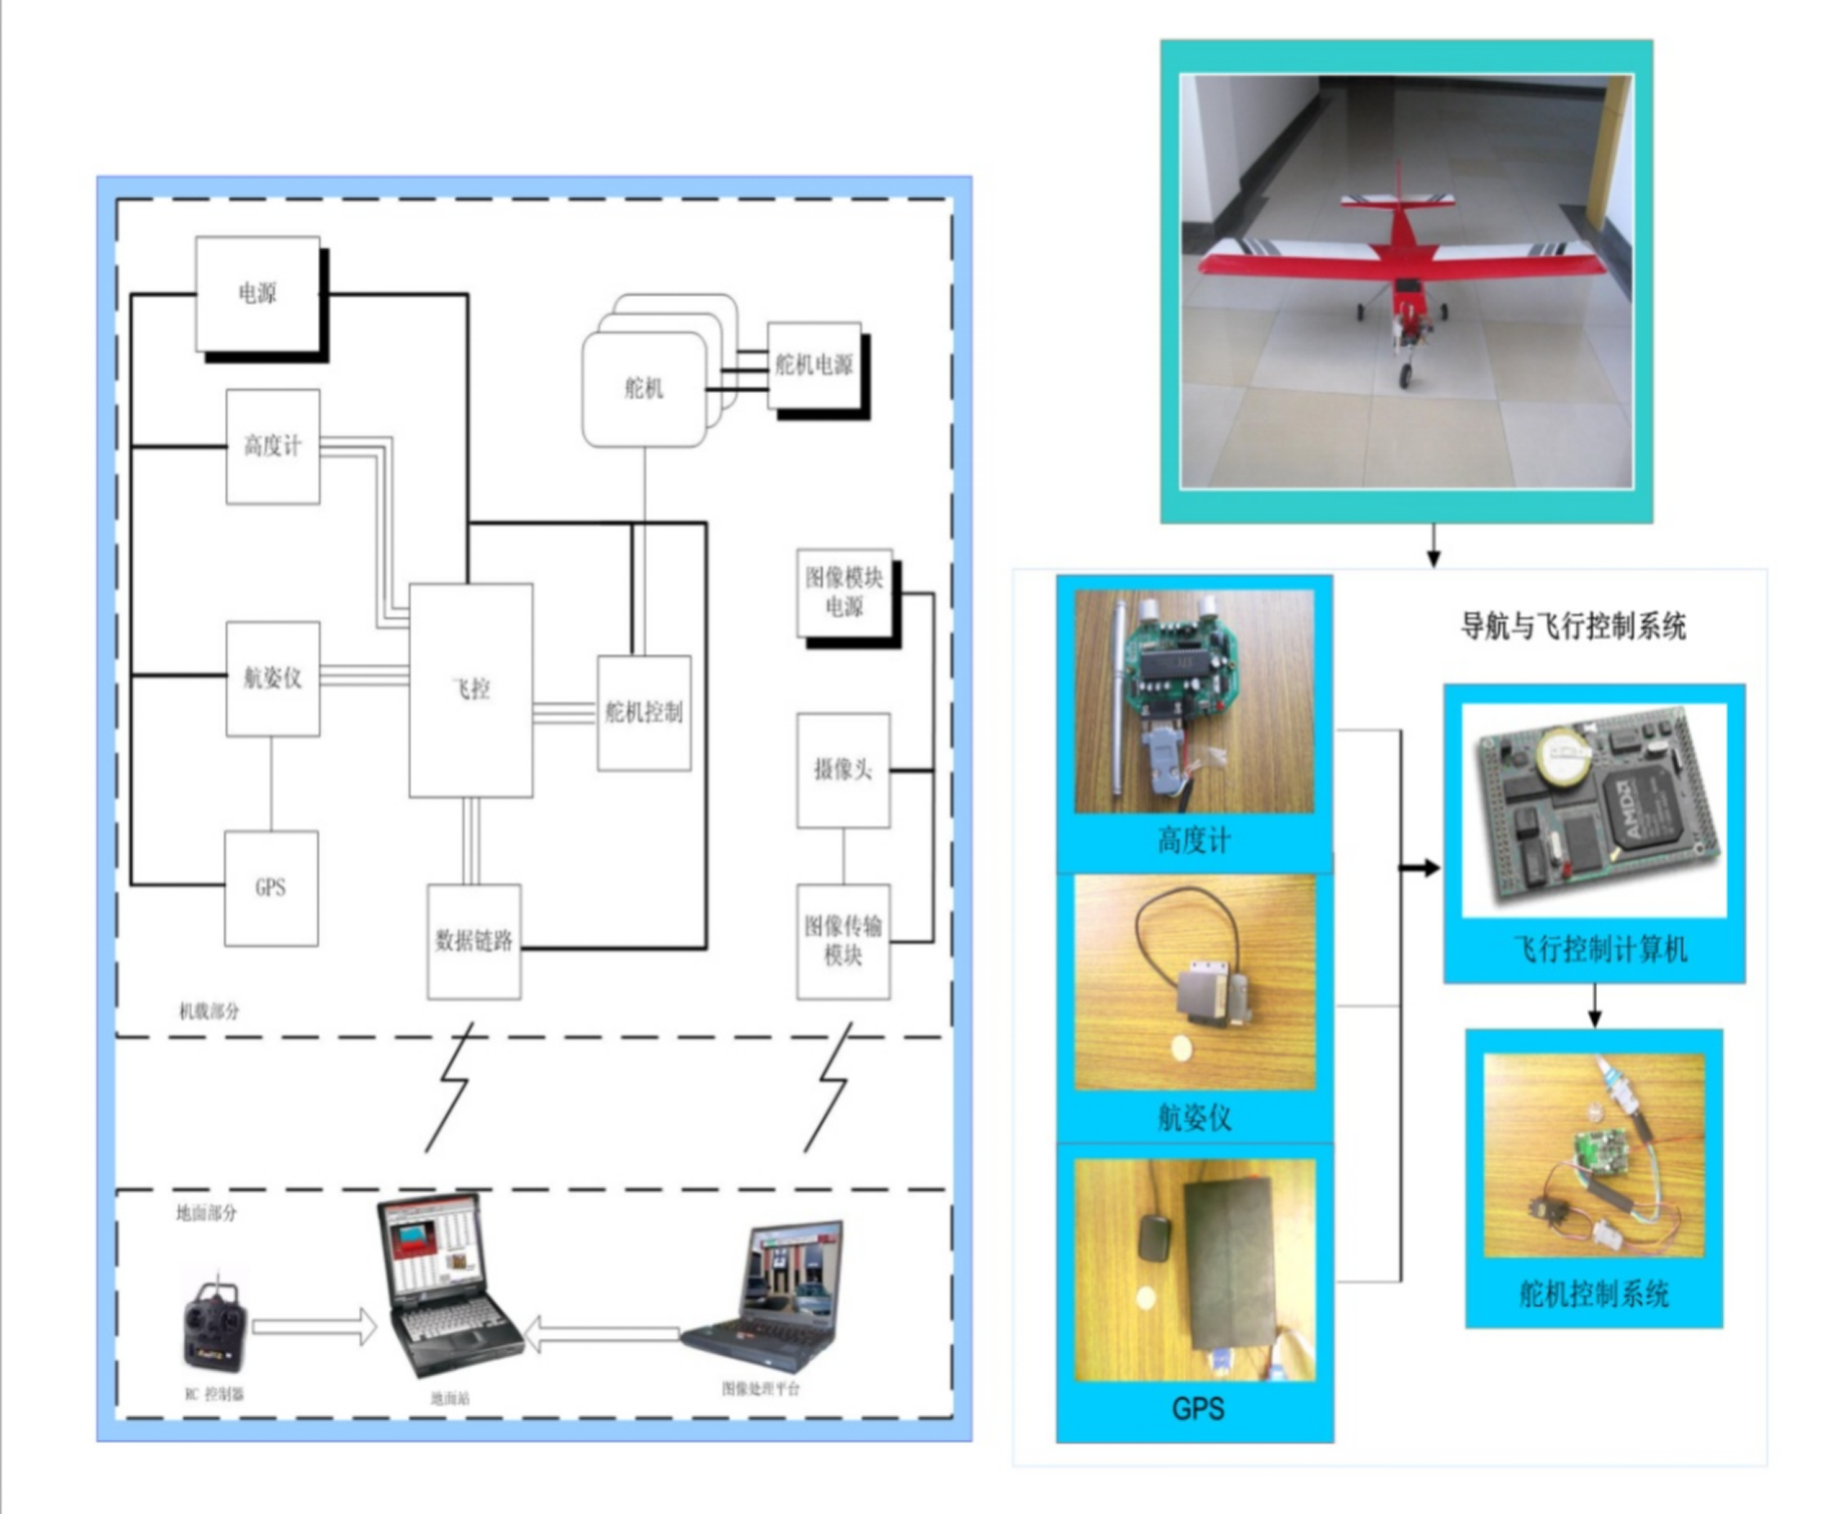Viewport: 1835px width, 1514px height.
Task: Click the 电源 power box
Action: tap(258, 294)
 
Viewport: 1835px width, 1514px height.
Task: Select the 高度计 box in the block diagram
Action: tap(272, 446)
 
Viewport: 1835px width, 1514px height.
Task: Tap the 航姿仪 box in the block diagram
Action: tap(272, 679)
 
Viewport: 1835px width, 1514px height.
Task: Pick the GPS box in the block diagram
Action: tap(271, 888)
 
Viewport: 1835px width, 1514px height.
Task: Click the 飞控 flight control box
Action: tap(471, 690)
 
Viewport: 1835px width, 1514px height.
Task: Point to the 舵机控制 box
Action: tap(644, 713)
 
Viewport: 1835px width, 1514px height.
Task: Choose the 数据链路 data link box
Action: tap(473, 941)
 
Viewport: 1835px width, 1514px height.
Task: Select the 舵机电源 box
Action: tap(814, 365)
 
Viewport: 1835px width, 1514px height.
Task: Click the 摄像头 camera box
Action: tap(842, 770)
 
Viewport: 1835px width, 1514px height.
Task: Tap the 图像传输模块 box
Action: tap(842, 941)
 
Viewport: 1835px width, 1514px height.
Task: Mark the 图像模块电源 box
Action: tap(843, 592)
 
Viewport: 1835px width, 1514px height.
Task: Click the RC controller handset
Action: tap(214, 1328)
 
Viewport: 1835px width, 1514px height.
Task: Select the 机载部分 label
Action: tap(209, 1012)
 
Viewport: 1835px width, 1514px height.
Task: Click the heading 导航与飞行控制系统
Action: tap(1573, 626)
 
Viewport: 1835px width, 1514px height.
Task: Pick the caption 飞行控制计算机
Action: tap(1599, 949)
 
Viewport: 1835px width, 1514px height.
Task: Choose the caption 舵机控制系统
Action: tap(1594, 1293)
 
